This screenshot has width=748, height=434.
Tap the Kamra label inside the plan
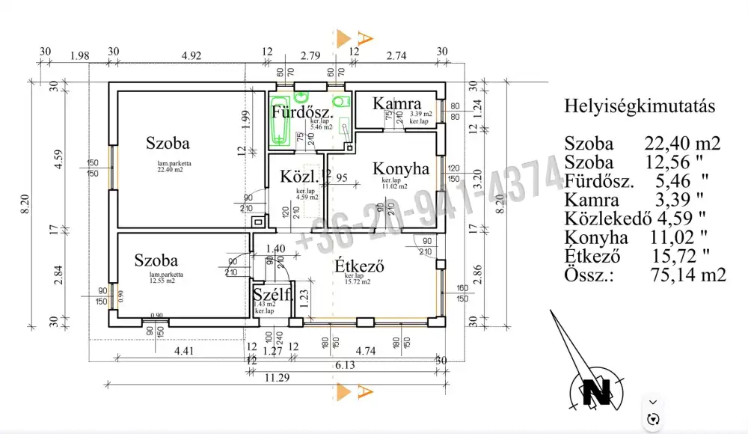(397, 103)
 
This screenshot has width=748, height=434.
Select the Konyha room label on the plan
(401, 169)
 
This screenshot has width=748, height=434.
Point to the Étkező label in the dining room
(360, 266)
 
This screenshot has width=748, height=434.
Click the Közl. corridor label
(295, 178)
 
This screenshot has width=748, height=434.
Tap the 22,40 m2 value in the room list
(682, 144)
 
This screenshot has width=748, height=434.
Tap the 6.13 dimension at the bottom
(344, 364)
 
